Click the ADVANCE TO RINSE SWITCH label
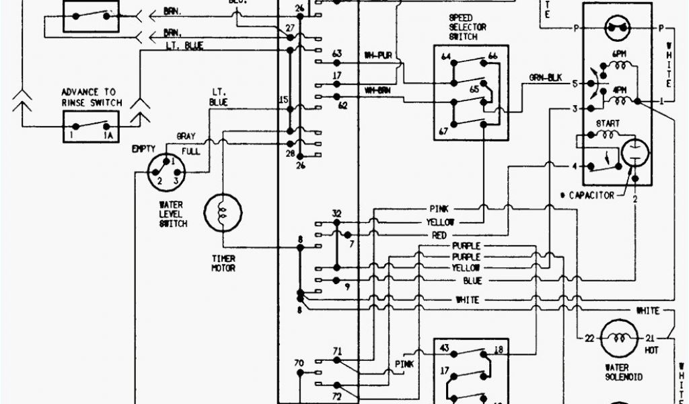(x=92, y=97)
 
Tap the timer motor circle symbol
(x=222, y=213)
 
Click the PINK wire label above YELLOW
(x=441, y=209)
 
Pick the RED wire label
(x=439, y=235)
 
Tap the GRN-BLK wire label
(x=545, y=77)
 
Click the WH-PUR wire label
(x=377, y=55)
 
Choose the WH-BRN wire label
(x=378, y=90)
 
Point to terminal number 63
(x=337, y=53)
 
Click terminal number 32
(x=336, y=214)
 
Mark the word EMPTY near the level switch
(x=144, y=149)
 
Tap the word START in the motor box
(x=607, y=124)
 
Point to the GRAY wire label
(x=186, y=135)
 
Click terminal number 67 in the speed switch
(x=443, y=129)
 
